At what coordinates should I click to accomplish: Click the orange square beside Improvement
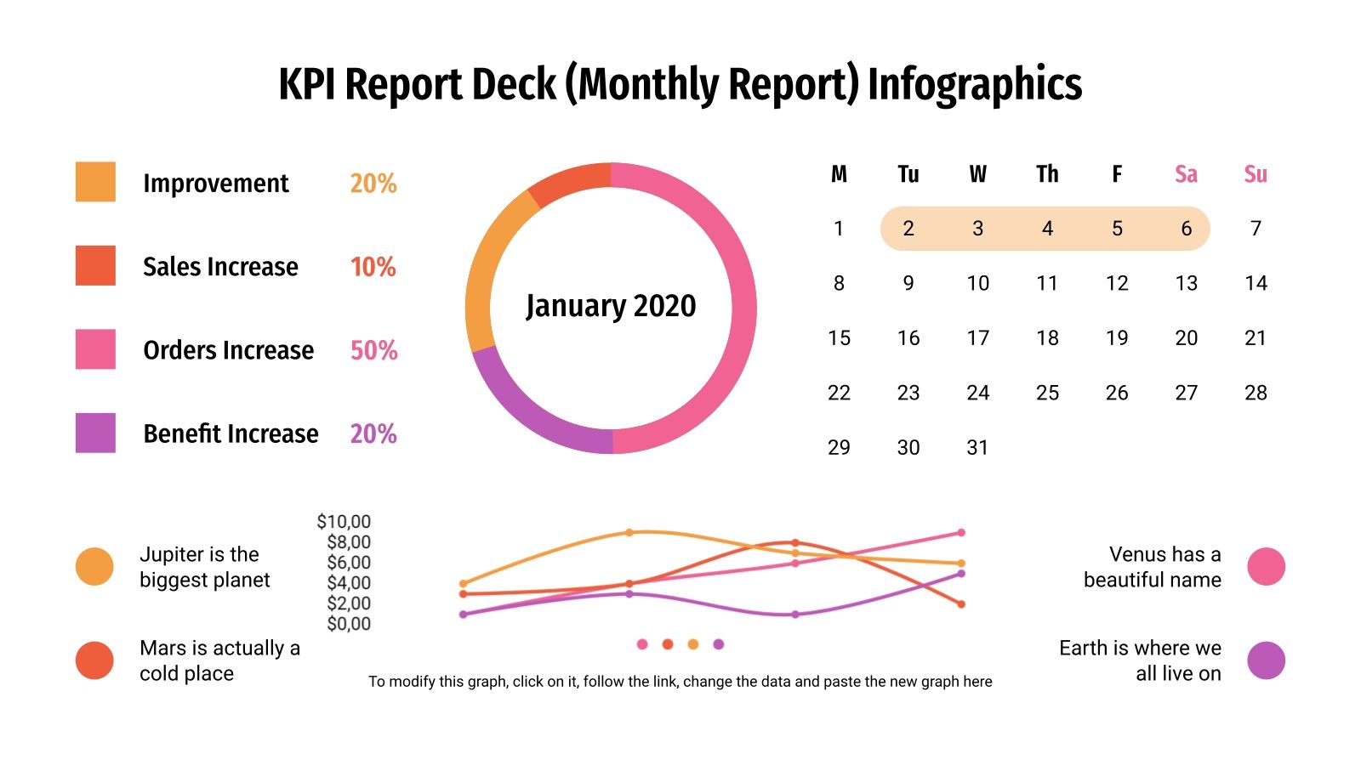tap(95, 182)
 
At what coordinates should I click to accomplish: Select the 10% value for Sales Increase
tap(373, 267)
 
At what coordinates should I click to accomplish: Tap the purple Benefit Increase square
tap(95, 433)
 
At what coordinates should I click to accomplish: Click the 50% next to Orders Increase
tap(373, 350)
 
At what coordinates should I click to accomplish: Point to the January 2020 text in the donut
tap(611, 306)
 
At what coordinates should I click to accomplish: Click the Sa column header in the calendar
tap(1186, 174)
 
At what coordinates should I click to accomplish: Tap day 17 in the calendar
tap(977, 338)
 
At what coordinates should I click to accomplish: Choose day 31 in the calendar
tap(977, 448)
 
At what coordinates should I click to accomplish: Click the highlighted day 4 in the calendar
tap(1047, 229)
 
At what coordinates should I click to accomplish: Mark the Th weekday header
tap(1047, 174)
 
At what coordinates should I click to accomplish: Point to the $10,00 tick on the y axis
tap(344, 522)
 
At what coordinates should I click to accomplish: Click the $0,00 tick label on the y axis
tap(348, 624)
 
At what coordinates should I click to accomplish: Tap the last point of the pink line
tap(961, 533)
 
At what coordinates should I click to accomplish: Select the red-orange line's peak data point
tap(794, 542)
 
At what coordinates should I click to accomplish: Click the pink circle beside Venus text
tap(1266, 567)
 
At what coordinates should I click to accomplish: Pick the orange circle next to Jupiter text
tap(94, 567)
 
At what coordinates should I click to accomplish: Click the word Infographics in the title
tap(974, 85)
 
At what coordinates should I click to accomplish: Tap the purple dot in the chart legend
tap(719, 644)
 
